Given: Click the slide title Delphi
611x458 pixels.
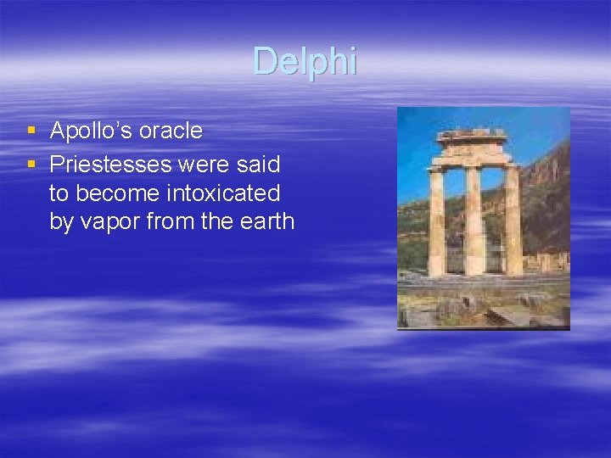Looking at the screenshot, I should (x=305, y=61).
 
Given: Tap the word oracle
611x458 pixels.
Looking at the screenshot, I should (x=171, y=131).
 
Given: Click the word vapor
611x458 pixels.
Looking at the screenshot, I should (x=110, y=222).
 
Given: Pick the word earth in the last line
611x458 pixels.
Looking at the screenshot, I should (x=266, y=222).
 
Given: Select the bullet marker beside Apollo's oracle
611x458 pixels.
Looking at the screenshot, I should (x=31, y=131).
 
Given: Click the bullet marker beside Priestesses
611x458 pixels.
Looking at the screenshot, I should (x=31, y=162).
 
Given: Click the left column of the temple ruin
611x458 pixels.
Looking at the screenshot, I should (x=437, y=222).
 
